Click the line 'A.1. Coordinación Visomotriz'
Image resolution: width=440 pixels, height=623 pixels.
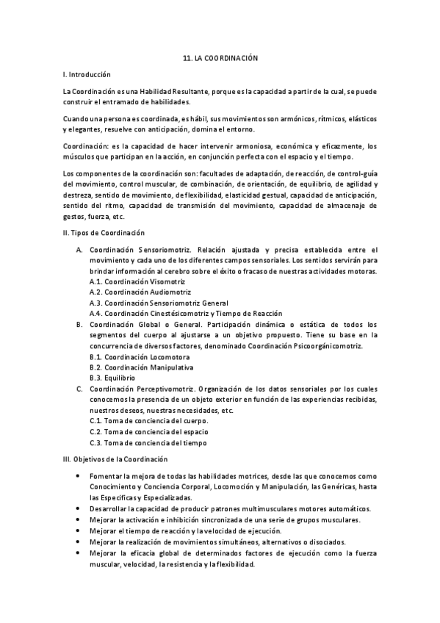(x=137, y=282)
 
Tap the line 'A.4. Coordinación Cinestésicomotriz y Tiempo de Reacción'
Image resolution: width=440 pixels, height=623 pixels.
(x=189, y=313)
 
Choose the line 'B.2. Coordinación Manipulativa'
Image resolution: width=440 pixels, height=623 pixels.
(x=141, y=367)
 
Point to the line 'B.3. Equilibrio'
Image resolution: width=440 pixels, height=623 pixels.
(x=112, y=378)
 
